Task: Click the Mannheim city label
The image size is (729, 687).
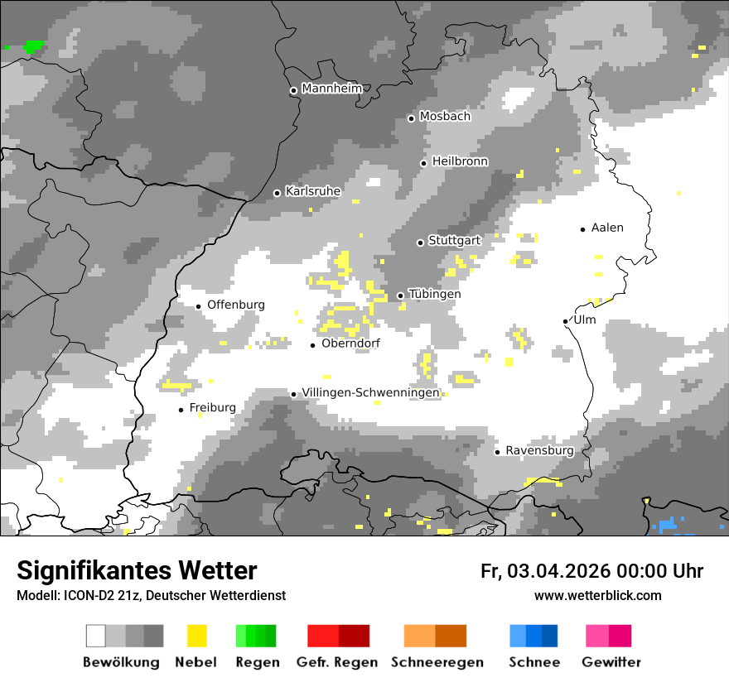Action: (333, 89)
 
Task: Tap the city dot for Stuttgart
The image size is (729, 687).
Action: (420, 243)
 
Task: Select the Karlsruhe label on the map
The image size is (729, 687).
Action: (313, 191)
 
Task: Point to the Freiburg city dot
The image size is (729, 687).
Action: (181, 410)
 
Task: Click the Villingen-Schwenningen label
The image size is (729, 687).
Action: (370, 393)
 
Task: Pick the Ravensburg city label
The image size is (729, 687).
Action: (539, 450)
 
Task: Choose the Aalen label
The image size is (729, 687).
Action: (607, 228)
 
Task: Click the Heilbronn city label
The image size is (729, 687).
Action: (460, 161)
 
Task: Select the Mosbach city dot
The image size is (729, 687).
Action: (411, 118)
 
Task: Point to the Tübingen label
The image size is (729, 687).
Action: (435, 294)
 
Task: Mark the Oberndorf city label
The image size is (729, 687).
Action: (350, 343)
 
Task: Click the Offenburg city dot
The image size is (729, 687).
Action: (199, 306)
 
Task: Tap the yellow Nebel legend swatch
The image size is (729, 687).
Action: (197, 636)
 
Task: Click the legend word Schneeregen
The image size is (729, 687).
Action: (437, 662)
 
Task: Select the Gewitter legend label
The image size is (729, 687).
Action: (611, 662)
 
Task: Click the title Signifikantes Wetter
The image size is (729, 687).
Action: (137, 571)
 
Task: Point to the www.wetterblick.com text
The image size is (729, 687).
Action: (597, 595)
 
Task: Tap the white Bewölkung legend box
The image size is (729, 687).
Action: (96, 636)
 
